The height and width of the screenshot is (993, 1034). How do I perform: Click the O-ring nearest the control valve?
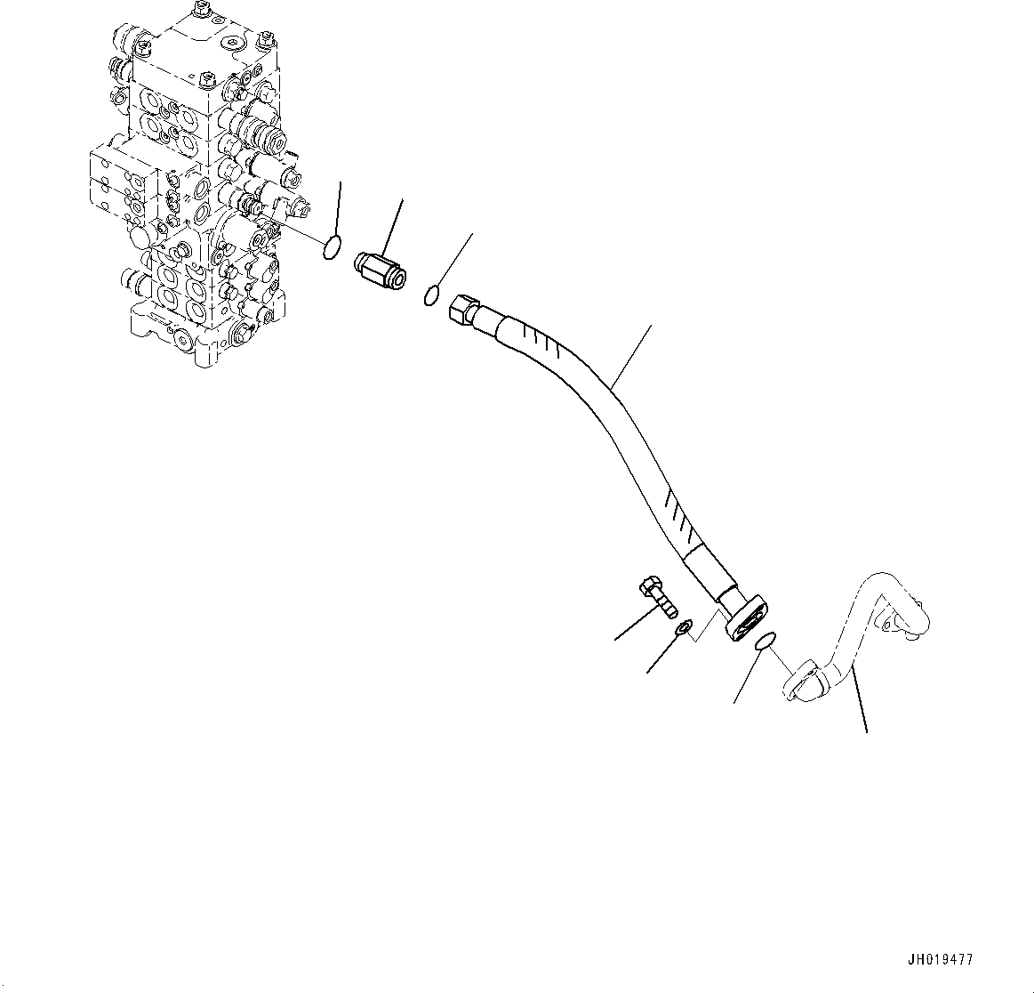pyautogui.click(x=331, y=247)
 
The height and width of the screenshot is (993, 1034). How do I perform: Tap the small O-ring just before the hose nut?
pyautogui.click(x=430, y=295)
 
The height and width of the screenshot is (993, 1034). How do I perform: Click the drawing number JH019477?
pyautogui.click(x=939, y=960)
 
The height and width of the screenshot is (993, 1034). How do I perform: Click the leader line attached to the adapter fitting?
pyautogui.click(x=392, y=227)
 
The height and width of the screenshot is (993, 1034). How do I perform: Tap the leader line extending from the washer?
pyautogui.click(x=662, y=654)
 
